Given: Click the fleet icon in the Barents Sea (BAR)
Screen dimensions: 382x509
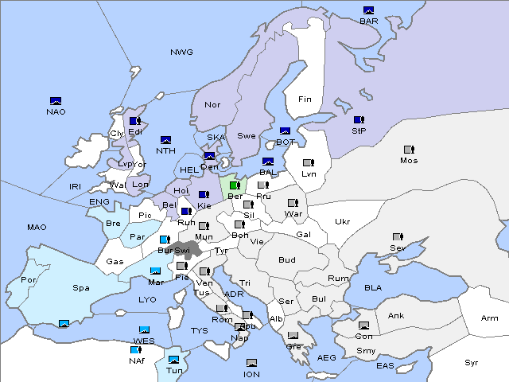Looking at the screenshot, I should pyautogui.click(x=368, y=10).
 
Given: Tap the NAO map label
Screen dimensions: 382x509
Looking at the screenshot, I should pyautogui.click(x=56, y=111).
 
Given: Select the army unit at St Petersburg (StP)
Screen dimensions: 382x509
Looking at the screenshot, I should pyautogui.click(x=359, y=120).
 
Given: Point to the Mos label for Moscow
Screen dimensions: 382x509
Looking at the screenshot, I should pyautogui.click(x=409, y=161).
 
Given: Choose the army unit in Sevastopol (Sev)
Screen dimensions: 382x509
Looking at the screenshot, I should pyautogui.click(x=398, y=237).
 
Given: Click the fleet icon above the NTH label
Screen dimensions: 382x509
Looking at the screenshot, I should pyautogui.click(x=166, y=140).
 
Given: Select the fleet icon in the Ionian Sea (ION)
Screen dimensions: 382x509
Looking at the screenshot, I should pyautogui.click(x=251, y=363).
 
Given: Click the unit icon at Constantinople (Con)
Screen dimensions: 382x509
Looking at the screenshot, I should pyautogui.click(x=364, y=326).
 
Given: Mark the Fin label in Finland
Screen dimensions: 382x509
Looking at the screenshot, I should pyautogui.click(x=305, y=99).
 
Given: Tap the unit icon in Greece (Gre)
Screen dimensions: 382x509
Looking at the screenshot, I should pyautogui.click(x=293, y=336).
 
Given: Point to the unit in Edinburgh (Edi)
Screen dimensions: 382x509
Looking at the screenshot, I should pyautogui.click(x=135, y=121).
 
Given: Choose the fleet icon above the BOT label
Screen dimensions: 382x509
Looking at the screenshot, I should pyautogui.click(x=286, y=131).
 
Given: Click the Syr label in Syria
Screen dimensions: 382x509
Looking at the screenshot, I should pyautogui.click(x=472, y=362).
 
